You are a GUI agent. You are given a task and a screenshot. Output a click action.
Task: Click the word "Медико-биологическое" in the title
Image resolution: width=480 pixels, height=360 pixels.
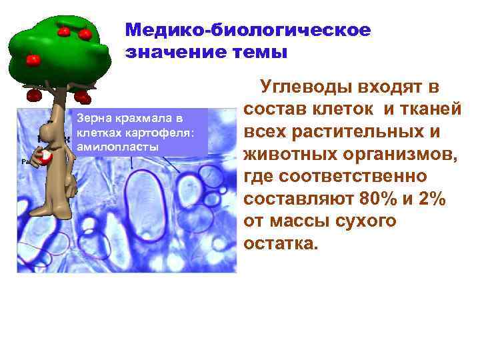(x=247, y=30)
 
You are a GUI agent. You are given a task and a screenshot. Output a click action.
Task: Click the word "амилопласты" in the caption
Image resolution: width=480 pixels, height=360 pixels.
(x=118, y=145)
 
